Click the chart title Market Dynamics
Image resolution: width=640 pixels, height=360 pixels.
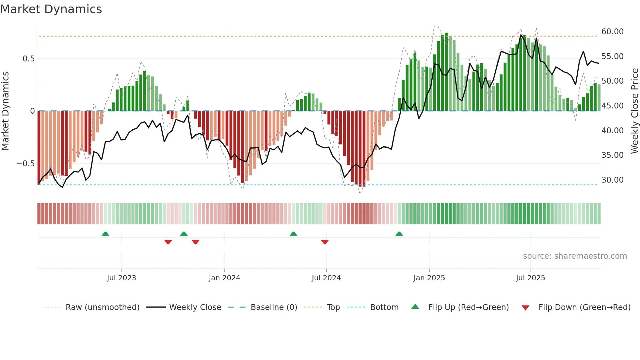click(51, 9)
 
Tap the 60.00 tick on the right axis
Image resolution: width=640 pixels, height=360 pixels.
click(612, 32)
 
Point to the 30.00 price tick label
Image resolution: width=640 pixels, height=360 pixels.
click(612, 180)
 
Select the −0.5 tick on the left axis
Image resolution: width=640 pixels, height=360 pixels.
click(26, 164)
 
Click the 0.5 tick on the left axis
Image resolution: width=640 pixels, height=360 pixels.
click(28, 59)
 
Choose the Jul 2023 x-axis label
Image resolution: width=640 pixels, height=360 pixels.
click(121, 278)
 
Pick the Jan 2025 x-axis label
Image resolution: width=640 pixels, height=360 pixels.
click(429, 278)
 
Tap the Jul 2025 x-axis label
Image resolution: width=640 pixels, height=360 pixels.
click(530, 278)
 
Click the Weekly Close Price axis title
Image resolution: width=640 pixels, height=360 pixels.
click(634, 111)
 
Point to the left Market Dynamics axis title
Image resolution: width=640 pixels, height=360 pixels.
click(5, 111)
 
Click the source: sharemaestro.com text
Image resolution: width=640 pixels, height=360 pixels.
click(575, 256)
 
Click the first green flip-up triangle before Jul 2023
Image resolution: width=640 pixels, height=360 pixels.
click(105, 234)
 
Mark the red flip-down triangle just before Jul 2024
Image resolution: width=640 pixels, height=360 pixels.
click(325, 242)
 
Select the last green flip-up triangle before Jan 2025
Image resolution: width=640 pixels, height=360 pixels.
click(399, 234)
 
